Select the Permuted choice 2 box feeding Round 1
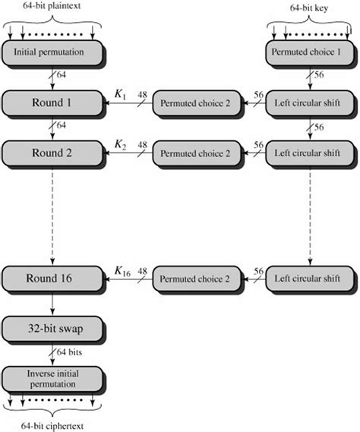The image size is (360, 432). (194, 102)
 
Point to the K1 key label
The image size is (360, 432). (120, 93)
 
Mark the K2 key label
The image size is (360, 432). (120, 143)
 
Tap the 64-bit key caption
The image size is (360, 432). (308, 7)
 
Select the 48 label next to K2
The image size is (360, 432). (142, 143)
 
